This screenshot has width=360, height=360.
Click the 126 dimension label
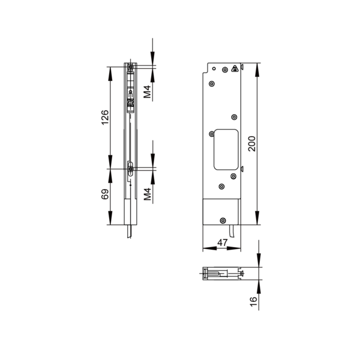[104, 118]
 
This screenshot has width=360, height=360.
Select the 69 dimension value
[104, 194]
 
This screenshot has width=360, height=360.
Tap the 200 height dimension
[252, 144]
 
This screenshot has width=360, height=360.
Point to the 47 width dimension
[222, 242]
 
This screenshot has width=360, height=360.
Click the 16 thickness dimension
[253, 301]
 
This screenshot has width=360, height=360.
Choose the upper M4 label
[147, 92]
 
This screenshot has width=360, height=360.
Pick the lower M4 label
[147, 194]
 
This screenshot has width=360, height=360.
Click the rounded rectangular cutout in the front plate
[226, 149]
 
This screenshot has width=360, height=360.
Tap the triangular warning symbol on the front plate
[235, 68]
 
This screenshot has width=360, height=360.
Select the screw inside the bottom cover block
[223, 221]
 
